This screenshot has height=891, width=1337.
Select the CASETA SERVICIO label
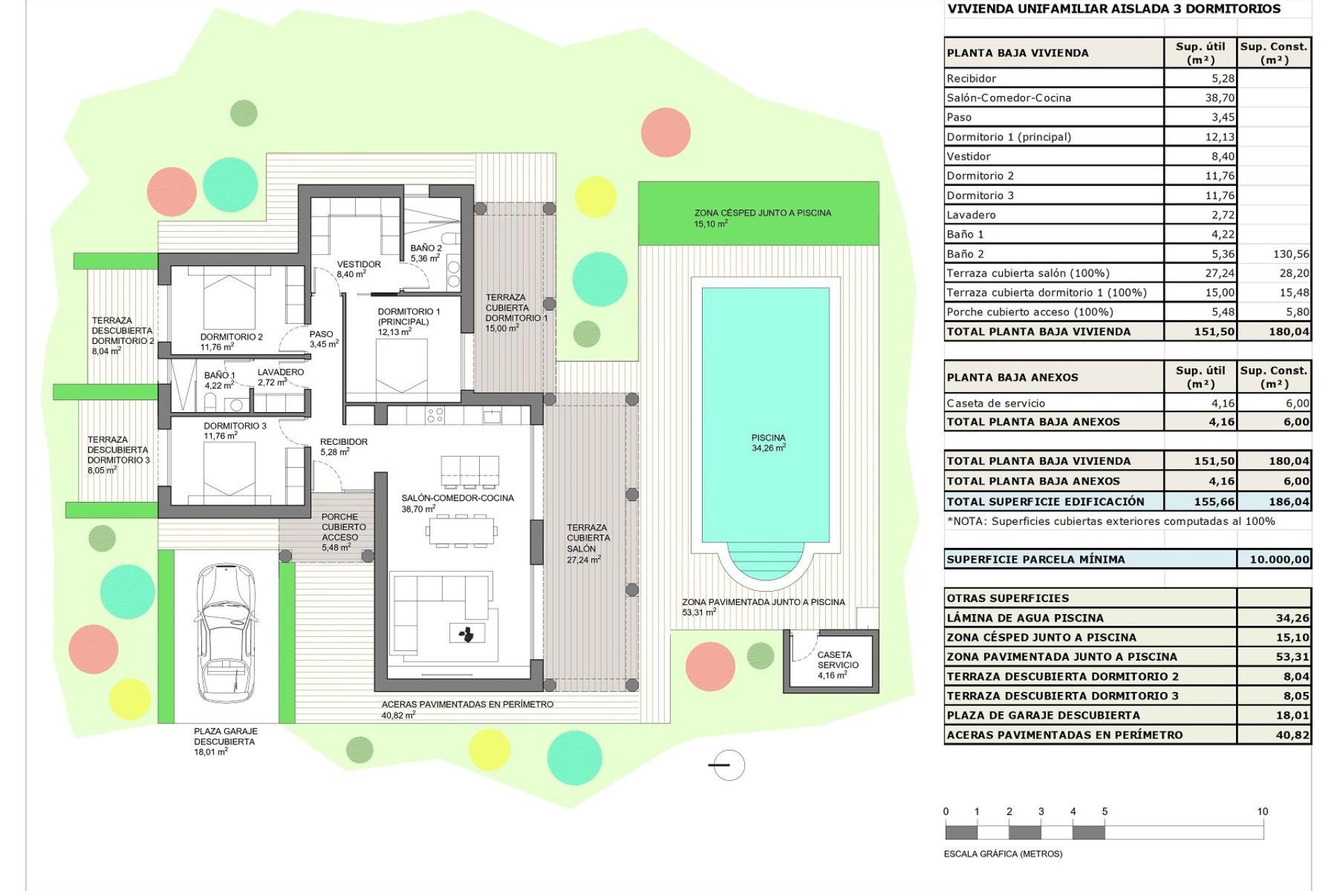(x=837, y=660)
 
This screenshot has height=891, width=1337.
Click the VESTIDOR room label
(x=359, y=265)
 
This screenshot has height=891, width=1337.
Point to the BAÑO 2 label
(x=425, y=249)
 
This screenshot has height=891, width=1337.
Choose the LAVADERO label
(x=281, y=372)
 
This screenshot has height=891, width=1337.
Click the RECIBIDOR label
(x=343, y=442)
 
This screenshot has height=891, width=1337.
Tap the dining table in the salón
(x=461, y=532)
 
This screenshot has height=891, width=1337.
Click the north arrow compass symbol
(x=728, y=765)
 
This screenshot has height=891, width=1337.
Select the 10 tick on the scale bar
(x=1262, y=812)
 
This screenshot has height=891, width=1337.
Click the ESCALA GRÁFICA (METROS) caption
(x=1003, y=854)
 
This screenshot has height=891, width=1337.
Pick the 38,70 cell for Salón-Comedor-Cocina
(x=1219, y=98)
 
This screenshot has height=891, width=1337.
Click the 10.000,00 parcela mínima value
(x=1279, y=560)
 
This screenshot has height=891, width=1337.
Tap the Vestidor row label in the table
(x=969, y=157)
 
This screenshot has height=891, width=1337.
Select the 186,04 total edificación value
(x=1288, y=502)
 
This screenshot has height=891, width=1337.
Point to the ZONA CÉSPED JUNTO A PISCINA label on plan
(x=763, y=213)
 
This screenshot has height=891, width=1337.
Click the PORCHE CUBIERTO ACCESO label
(x=340, y=528)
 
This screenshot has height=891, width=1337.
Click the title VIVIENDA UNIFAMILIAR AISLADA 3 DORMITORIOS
(x=1114, y=9)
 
